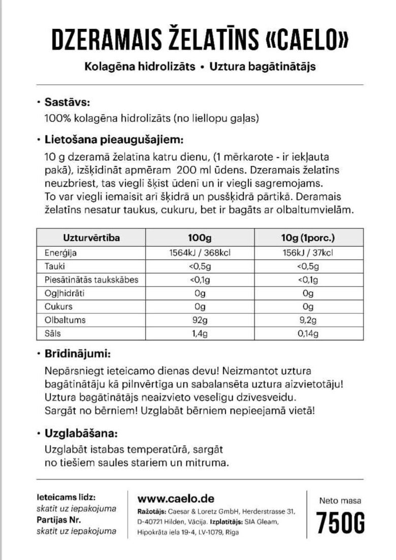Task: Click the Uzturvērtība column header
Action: (91, 237)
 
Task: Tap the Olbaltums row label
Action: (65, 320)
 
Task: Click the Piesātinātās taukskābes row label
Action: (92, 280)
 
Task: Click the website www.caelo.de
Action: (176, 498)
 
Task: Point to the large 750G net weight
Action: (341, 523)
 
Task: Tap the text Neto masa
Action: (341, 500)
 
